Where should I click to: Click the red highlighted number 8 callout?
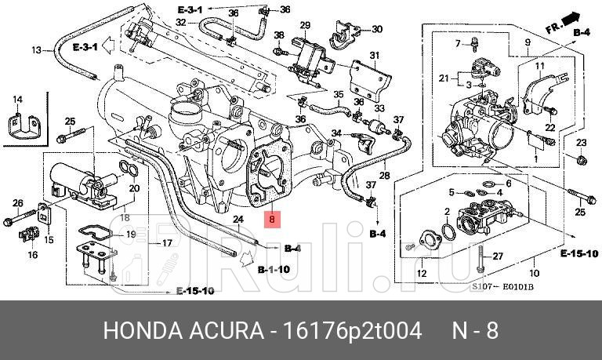(272, 220)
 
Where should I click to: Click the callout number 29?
(305, 25)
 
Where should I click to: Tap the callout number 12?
(422, 274)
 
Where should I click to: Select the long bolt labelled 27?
(479, 256)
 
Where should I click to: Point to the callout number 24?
(239, 219)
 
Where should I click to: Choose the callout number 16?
(33, 255)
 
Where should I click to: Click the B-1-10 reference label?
(274, 269)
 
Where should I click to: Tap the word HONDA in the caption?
(134, 330)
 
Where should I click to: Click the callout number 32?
(180, 23)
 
